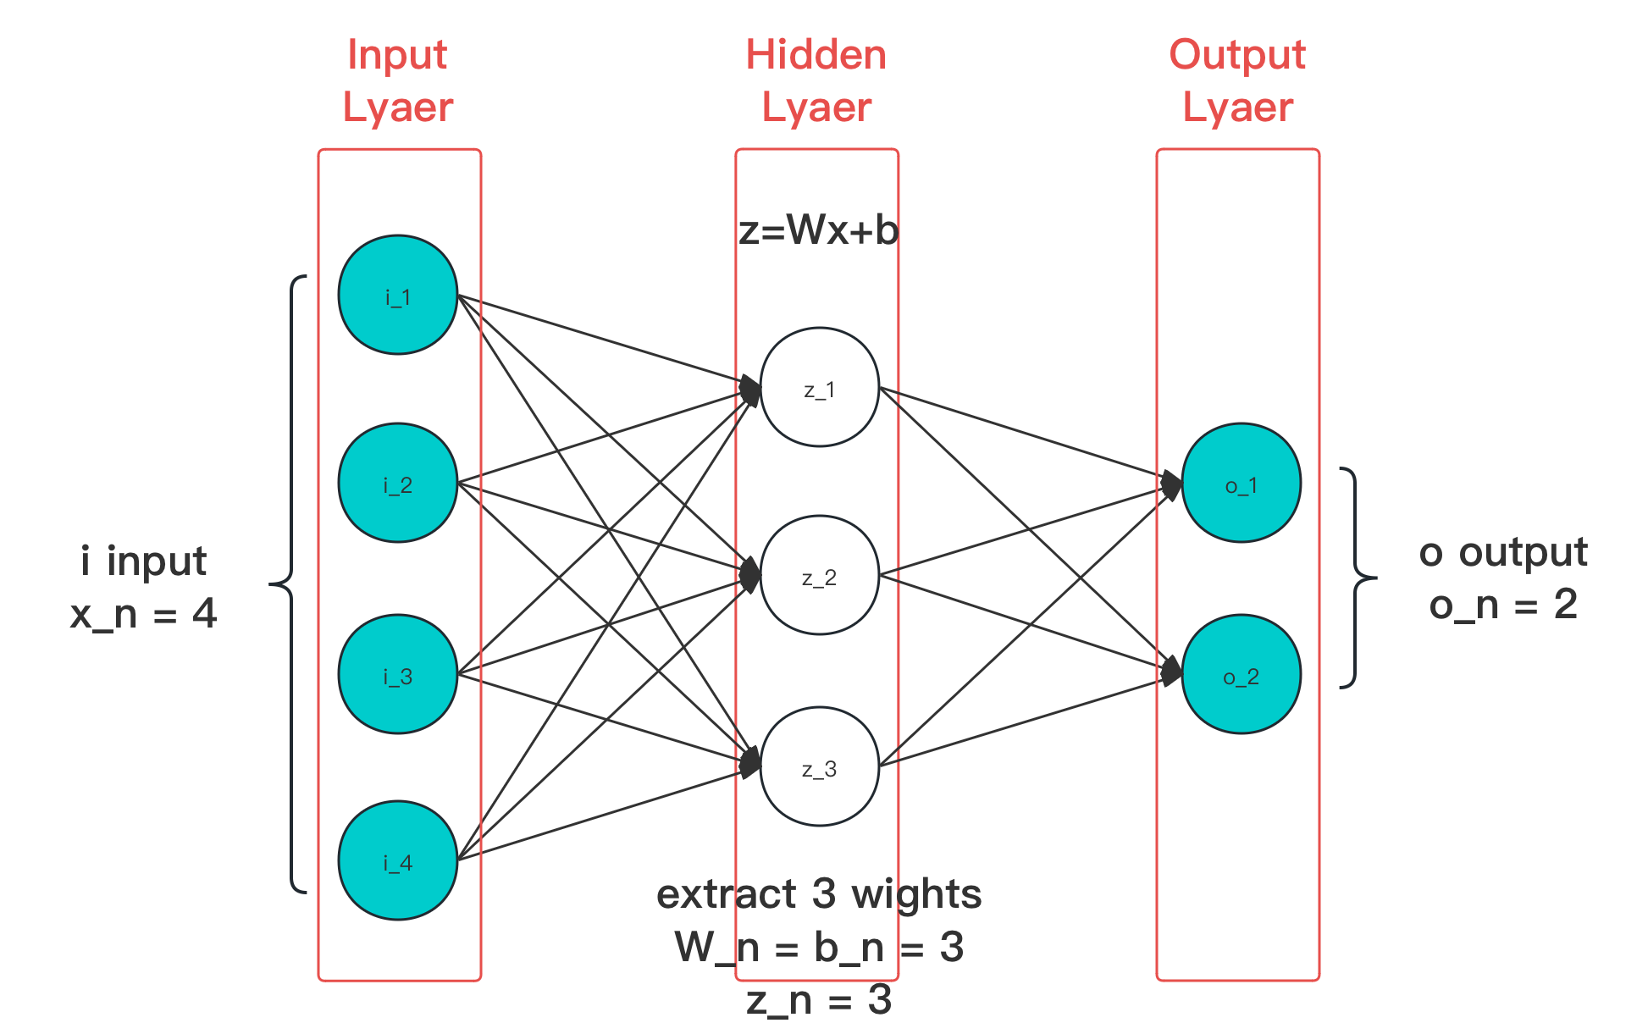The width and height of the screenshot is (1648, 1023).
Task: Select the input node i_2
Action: point(397,484)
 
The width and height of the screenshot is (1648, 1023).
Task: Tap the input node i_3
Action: point(397,675)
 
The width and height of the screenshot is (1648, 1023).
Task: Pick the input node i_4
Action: point(397,861)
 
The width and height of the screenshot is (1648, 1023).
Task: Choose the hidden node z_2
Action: point(819,576)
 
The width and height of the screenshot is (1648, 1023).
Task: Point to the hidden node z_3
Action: point(819,767)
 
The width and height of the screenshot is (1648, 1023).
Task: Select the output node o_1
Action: point(1241,484)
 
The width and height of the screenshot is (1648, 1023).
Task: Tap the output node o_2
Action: point(1241,675)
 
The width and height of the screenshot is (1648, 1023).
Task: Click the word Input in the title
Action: point(397,55)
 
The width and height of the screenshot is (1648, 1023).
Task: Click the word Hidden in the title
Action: point(816,55)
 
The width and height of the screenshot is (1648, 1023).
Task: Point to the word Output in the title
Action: point(1237,55)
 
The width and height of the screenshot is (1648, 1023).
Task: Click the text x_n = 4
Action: point(144,614)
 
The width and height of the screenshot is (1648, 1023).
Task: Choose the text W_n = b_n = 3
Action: point(819,947)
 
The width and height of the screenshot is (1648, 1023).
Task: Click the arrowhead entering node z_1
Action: point(749,390)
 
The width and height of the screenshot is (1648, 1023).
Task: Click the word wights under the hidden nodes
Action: point(916,895)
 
